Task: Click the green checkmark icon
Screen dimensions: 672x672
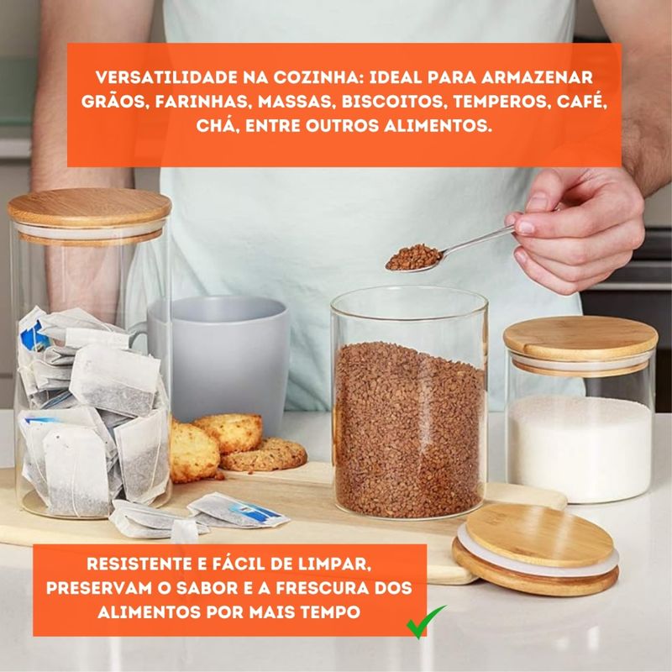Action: pyautogui.click(x=425, y=622)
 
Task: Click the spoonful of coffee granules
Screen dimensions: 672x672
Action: pyautogui.click(x=413, y=258)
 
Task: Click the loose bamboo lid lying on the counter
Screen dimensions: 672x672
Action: pyautogui.click(x=536, y=549)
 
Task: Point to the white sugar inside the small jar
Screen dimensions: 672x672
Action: pyautogui.click(x=580, y=448)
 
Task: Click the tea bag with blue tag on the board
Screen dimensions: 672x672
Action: pyautogui.click(x=238, y=510)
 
